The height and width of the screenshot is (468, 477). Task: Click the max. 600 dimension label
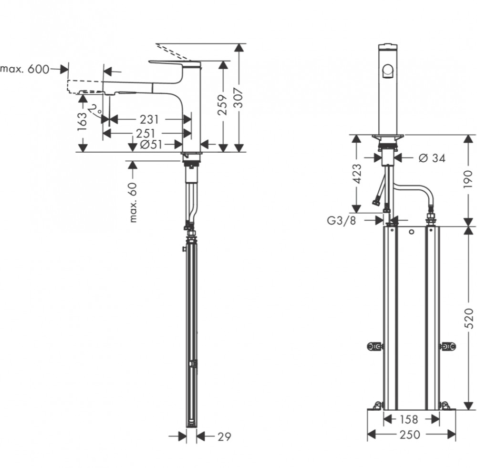(25, 69)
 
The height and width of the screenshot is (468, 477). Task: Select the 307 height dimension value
(240, 98)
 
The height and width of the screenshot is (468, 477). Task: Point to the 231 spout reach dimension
(149, 120)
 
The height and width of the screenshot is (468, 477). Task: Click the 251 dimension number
(145, 134)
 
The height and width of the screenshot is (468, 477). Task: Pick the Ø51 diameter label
(151, 145)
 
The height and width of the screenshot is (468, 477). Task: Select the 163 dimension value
(83, 121)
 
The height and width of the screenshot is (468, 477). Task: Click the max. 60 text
(133, 203)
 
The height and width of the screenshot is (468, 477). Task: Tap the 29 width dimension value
(225, 437)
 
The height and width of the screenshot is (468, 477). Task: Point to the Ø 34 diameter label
(432, 158)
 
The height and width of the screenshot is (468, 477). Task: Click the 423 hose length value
(358, 174)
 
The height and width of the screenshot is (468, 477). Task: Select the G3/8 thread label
(342, 220)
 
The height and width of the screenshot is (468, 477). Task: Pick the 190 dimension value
(468, 179)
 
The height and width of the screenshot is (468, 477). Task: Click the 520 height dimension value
(469, 318)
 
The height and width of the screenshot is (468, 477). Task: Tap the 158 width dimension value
(408, 420)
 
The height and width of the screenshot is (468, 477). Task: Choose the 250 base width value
(410, 435)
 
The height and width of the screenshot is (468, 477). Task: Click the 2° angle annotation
(95, 109)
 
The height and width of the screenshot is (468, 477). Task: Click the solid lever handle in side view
(175, 63)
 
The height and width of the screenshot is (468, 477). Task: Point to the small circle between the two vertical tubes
(412, 232)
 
